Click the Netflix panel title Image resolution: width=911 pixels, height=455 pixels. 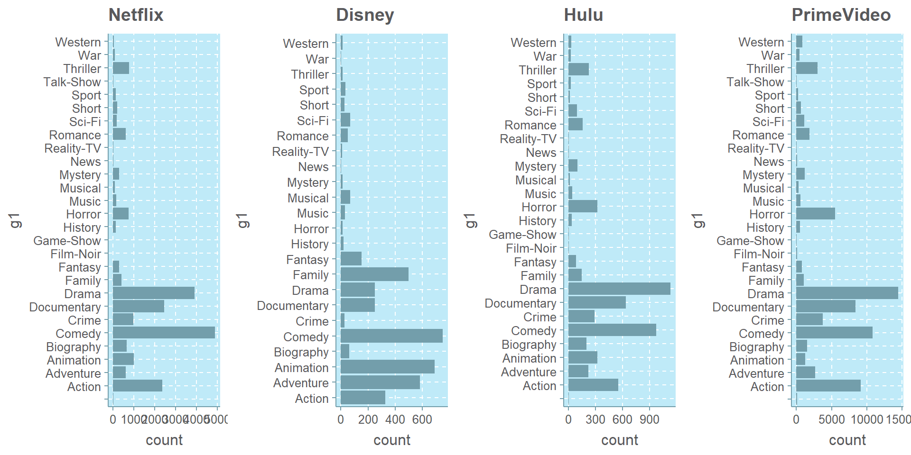click(x=136, y=15)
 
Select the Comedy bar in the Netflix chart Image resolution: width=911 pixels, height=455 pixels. click(x=164, y=333)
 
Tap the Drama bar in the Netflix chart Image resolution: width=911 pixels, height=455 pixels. click(x=153, y=293)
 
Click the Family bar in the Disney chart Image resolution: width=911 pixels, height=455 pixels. click(x=374, y=274)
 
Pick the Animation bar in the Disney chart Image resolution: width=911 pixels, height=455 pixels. click(x=387, y=367)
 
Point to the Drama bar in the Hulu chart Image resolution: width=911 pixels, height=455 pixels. click(x=619, y=289)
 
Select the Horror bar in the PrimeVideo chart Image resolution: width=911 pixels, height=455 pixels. click(x=815, y=214)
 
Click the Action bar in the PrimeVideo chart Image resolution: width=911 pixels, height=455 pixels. click(x=828, y=386)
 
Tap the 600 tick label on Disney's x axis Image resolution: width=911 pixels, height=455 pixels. click(x=422, y=419)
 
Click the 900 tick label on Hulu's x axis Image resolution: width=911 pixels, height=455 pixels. click(x=649, y=419)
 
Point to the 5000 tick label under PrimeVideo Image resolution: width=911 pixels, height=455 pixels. click(x=831, y=419)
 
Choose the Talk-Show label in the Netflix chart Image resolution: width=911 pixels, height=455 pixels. click(x=72, y=82)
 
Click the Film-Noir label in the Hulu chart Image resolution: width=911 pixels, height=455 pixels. click(x=531, y=248)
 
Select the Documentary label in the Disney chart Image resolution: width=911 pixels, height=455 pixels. click(x=292, y=306)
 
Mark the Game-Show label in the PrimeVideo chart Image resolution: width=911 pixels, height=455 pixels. click(x=750, y=241)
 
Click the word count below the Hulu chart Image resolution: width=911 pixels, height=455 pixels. click(x=619, y=440)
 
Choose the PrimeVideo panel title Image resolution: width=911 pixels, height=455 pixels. click(x=841, y=15)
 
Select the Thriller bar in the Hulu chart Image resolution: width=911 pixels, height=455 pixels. click(x=578, y=70)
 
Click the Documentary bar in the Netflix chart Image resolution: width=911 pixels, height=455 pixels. click(x=138, y=306)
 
